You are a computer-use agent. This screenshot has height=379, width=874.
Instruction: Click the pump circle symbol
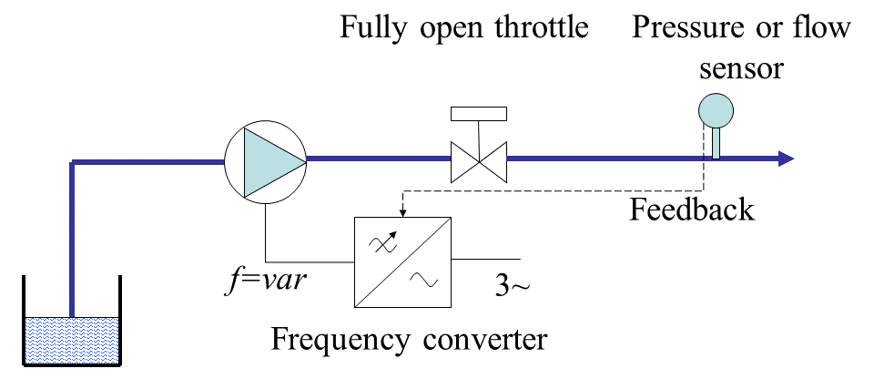pyautogui.click(x=264, y=160)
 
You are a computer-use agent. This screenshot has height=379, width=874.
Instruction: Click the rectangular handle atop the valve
pyautogui.click(x=479, y=114)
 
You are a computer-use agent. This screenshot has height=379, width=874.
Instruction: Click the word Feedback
pyautogui.click(x=693, y=210)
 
